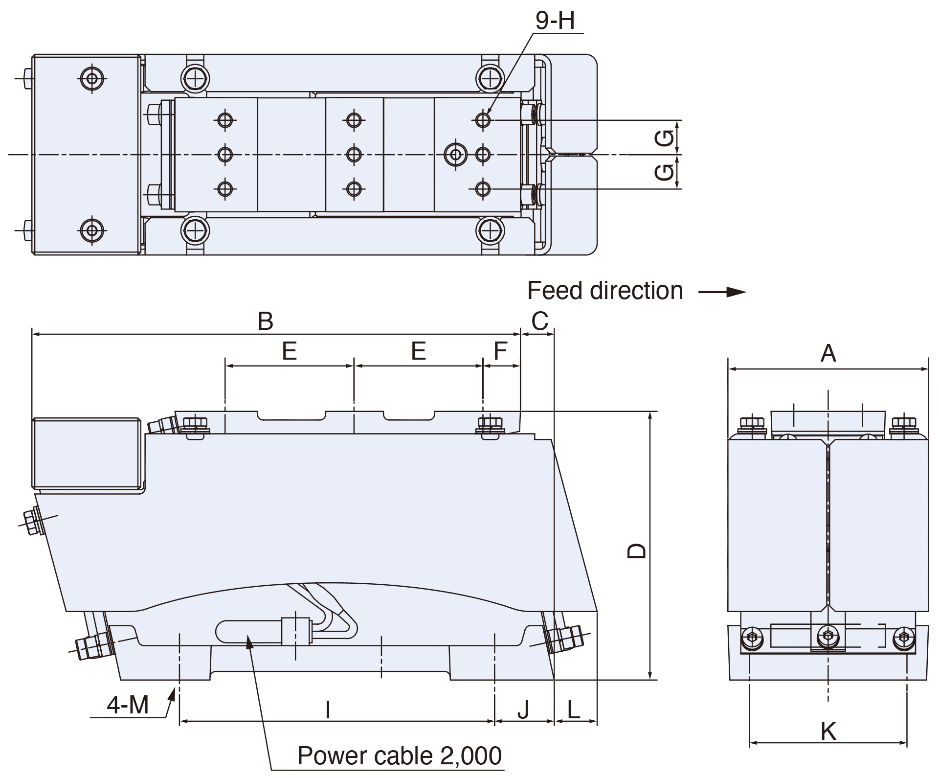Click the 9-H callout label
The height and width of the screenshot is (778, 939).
tap(555, 21)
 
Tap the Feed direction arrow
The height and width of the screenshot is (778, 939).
tap(722, 292)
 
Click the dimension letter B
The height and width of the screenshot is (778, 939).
tap(266, 321)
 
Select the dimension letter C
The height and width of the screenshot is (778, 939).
tap(539, 321)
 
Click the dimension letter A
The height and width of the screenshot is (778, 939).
tap(828, 353)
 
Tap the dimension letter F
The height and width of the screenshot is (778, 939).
tap(500, 351)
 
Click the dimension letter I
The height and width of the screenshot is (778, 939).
tap(328, 709)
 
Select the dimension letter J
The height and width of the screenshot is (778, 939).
tap(523, 710)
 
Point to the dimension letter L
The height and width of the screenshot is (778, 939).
tap(574, 709)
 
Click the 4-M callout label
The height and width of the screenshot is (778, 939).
tap(128, 705)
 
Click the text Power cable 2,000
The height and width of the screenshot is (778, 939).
tap(400, 756)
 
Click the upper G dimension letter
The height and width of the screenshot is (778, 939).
tap(664, 137)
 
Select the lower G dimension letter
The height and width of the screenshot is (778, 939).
tap(664, 172)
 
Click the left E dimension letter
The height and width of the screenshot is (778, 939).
tap(290, 351)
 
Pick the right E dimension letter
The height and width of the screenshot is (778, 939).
tap(418, 351)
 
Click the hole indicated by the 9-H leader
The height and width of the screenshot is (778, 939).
tap(483, 119)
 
